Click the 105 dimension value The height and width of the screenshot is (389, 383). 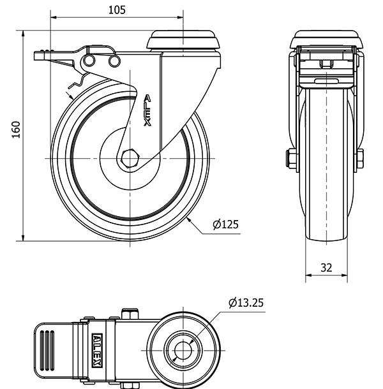[x=116, y=9]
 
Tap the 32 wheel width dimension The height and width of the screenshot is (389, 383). [x=326, y=268]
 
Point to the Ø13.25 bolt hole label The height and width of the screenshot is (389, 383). [x=245, y=302]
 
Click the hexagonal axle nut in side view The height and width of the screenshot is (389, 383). [x=131, y=158]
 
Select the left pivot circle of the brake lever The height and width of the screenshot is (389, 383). [x=89, y=61]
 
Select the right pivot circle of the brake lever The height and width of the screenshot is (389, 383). [x=114, y=61]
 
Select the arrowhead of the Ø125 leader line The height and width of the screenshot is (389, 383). [x=190, y=219]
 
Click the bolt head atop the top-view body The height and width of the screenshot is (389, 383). [x=130, y=312]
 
